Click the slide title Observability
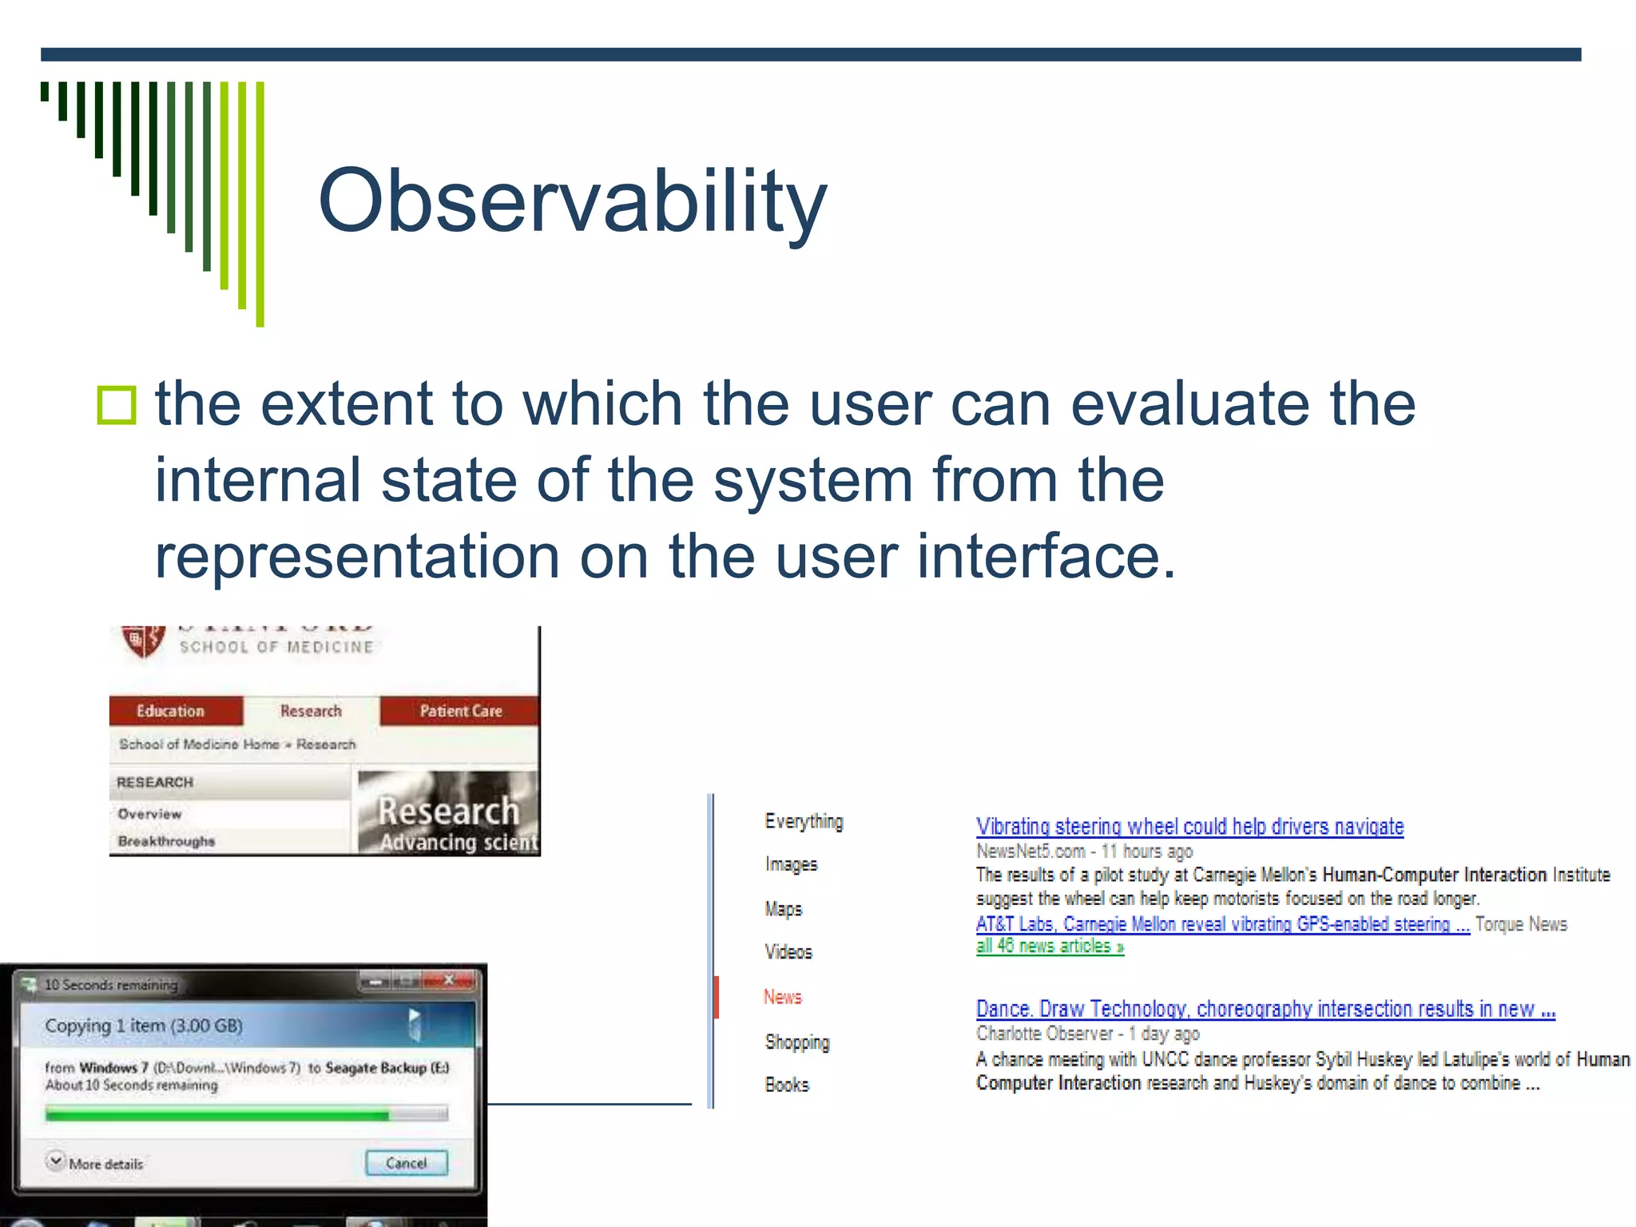572,201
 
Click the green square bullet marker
117,405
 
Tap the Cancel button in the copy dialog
406,1163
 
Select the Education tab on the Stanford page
170,711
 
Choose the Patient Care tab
460,711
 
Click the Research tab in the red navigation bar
311,711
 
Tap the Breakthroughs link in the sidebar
166,841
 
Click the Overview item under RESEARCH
149,814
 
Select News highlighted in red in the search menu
782,997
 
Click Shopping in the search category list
796,1042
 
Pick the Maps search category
783,909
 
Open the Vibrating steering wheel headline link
1189,827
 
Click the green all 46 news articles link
1049,947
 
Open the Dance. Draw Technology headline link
1265,1009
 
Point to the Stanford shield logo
142,641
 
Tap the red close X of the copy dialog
449,980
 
